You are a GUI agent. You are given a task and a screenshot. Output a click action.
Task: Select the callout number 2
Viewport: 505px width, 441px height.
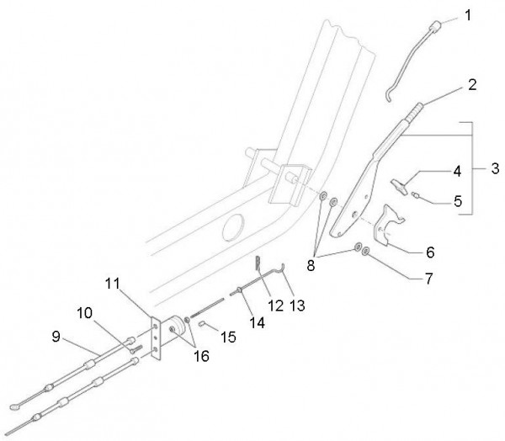coord(472,85)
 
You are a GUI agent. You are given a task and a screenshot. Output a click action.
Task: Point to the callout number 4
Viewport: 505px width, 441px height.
coord(457,172)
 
